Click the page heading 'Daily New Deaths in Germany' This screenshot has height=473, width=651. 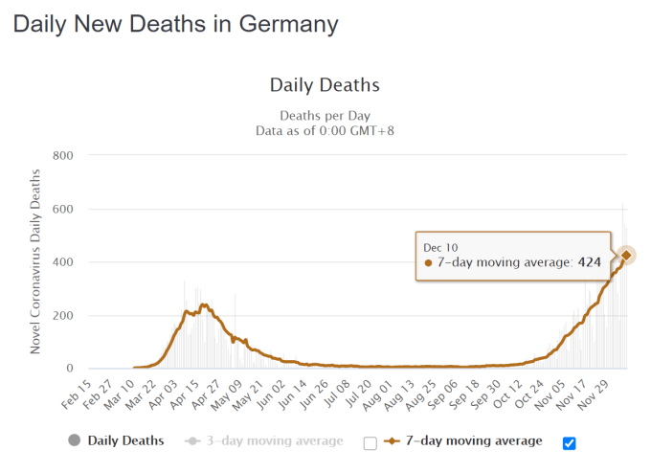pos(175,23)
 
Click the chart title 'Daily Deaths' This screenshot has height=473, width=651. pos(325,85)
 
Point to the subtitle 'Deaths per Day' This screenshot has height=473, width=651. pos(325,115)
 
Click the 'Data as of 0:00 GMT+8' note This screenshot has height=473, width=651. pos(325,130)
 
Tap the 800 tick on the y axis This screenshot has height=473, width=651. pos(64,155)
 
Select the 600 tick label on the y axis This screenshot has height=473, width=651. pos(64,209)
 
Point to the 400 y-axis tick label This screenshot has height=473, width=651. pos(64,262)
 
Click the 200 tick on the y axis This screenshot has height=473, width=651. pos(64,316)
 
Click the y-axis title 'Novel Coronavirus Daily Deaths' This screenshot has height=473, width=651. pos(35,261)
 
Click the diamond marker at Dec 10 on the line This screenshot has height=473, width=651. pos(626,255)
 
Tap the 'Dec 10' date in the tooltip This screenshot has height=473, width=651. pos(440,246)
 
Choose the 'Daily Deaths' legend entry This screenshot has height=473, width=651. pos(124,441)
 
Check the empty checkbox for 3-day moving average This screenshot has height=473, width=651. pos(370,443)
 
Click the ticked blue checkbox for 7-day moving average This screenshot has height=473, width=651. pos(570,442)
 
